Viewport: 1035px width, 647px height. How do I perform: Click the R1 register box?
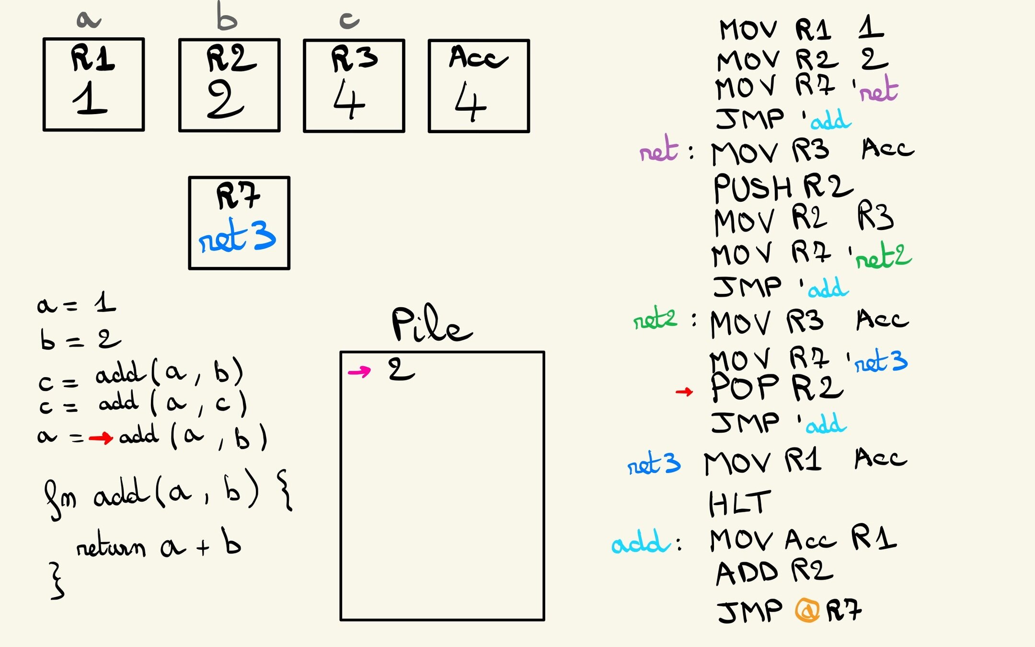coord(93,84)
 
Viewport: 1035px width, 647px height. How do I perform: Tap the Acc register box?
coord(479,86)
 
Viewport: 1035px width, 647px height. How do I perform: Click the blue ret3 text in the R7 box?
coord(238,236)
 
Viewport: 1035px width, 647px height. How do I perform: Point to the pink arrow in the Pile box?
coord(359,371)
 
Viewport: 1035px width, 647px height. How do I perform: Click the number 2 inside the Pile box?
coord(401,370)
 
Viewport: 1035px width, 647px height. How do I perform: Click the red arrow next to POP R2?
coord(684,392)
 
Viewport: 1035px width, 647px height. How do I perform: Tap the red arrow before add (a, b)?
coord(101,437)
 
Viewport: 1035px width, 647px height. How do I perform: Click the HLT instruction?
coord(739,503)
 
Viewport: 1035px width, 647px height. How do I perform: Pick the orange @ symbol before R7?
coord(807,611)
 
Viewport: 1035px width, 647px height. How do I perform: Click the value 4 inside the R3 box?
coord(349,99)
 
